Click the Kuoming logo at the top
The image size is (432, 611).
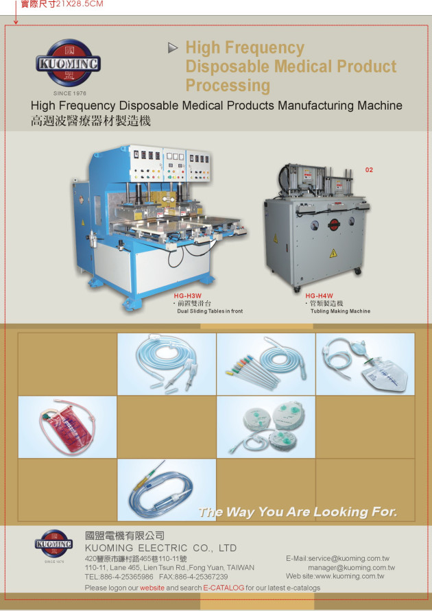pyautogui.click(x=68, y=62)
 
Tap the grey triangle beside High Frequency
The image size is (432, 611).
pyautogui.click(x=173, y=48)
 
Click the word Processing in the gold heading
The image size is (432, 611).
pyautogui.click(x=228, y=86)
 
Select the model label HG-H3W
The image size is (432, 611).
pyautogui.click(x=188, y=296)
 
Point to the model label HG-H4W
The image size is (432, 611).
pyautogui.click(x=319, y=296)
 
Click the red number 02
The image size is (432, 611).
pyautogui.click(x=369, y=170)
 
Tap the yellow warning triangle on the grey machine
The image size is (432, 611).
pyautogui.click(x=333, y=254)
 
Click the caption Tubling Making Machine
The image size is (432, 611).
pyautogui.click(x=341, y=311)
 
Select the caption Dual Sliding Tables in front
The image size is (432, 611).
pyautogui.click(x=210, y=311)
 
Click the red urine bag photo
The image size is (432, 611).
pyautogui.click(x=67, y=427)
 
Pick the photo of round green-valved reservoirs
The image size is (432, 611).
pyautogui.click(x=266, y=427)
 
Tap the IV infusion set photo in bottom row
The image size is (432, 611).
pyautogui.click(x=167, y=490)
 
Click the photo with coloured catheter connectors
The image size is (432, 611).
pyautogui.click(x=266, y=364)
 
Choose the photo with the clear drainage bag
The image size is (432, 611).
pyautogui.click(x=365, y=364)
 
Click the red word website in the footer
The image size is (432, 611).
pyautogui.click(x=152, y=588)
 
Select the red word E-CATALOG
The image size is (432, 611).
pyautogui.click(x=224, y=588)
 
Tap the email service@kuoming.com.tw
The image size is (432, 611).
pyautogui.click(x=348, y=558)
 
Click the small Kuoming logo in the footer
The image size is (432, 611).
pyautogui.click(x=54, y=544)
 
